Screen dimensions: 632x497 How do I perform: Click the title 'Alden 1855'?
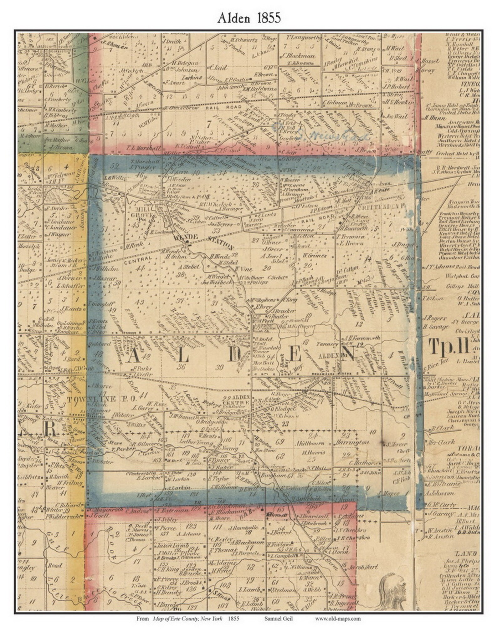click(x=249, y=18)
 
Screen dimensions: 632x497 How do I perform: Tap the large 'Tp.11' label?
click(x=449, y=347)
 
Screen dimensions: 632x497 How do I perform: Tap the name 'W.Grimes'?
click(x=315, y=256)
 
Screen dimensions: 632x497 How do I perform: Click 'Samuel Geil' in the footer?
click(x=278, y=619)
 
